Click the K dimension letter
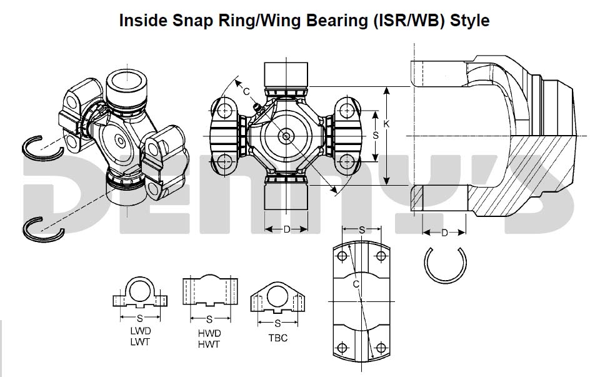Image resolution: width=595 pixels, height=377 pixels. (386, 125)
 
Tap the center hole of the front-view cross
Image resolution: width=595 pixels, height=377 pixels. (286, 136)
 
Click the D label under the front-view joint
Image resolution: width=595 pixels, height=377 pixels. (286, 229)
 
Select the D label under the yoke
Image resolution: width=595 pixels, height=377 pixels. (444, 233)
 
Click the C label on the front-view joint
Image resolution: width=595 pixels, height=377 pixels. (246, 92)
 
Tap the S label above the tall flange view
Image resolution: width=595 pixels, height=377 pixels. (362, 229)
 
